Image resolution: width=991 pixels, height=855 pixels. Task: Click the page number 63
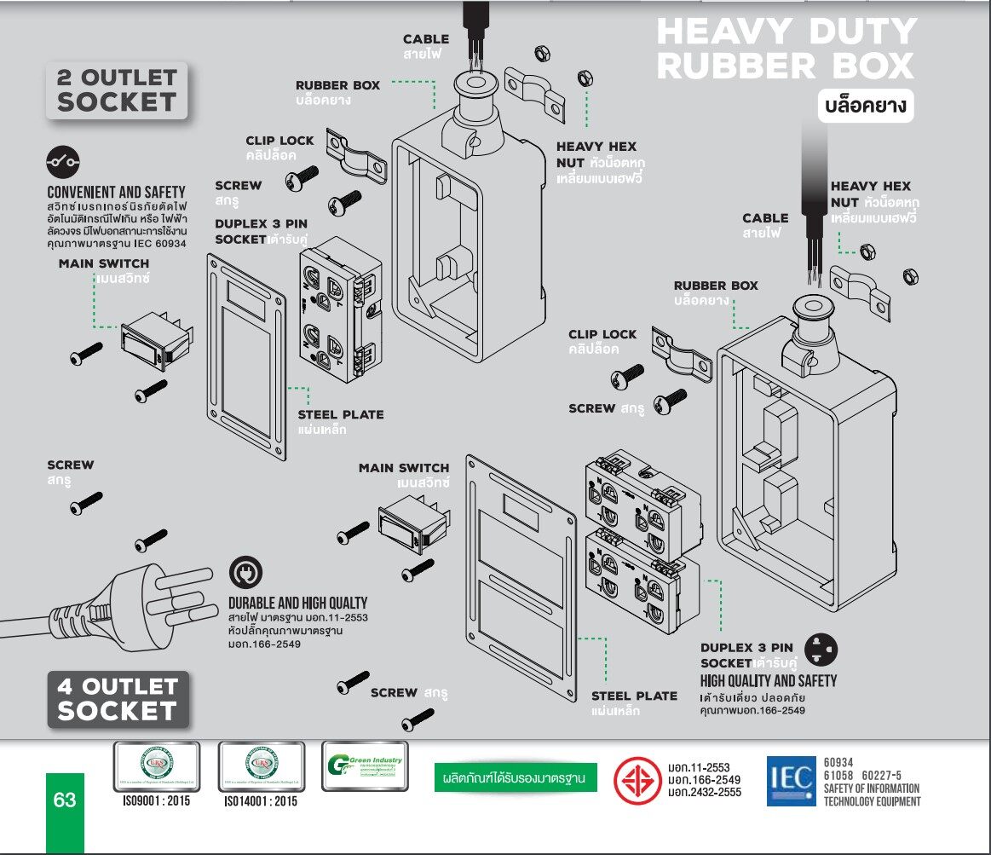coord(65,800)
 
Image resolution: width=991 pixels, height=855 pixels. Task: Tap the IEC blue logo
coord(791,781)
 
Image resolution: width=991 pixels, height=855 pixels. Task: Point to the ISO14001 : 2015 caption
coord(261,802)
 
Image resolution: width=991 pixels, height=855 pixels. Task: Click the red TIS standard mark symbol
coord(638,780)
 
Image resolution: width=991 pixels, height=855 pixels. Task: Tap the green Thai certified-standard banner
coord(515,778)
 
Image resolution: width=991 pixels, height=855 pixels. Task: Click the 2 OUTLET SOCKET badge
coord(116,90)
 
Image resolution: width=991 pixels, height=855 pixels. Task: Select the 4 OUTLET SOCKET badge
coord(118,698)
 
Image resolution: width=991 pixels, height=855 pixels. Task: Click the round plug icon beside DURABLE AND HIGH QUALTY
coord(246,571)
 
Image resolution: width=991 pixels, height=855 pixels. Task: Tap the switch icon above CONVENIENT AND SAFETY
coord(63,159)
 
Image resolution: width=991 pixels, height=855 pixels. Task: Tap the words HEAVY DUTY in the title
coord(786,32)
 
